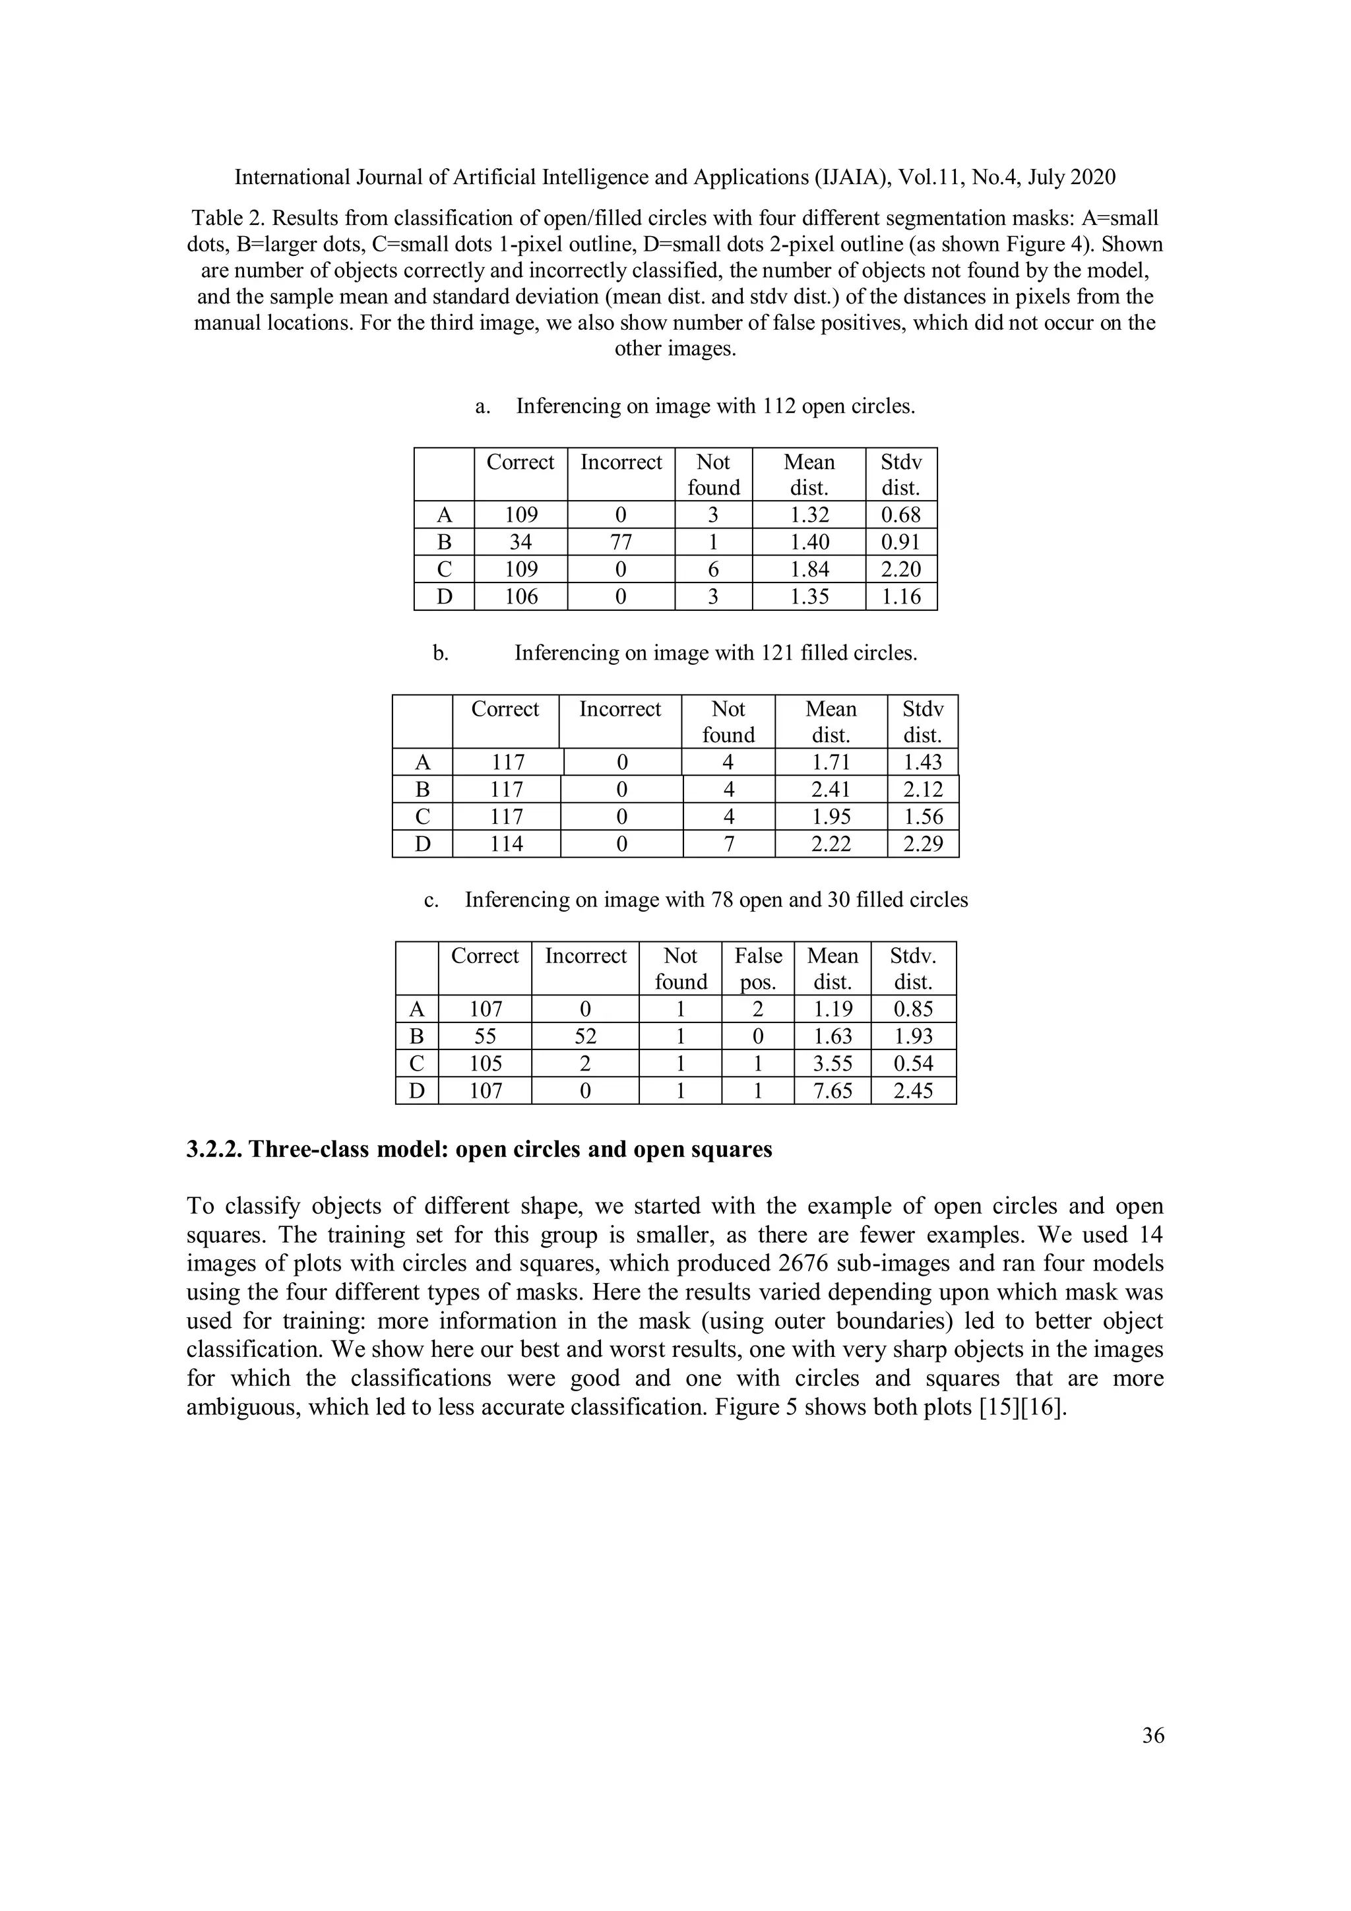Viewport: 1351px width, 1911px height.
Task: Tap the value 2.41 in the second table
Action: click(830, 789)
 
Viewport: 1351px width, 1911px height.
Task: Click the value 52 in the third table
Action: click(585, 1036)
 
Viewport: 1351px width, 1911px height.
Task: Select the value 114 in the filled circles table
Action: click(506, 844)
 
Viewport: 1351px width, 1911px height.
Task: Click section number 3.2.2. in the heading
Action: click(215, 1149)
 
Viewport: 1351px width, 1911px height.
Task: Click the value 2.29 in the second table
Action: click(922, 844)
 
